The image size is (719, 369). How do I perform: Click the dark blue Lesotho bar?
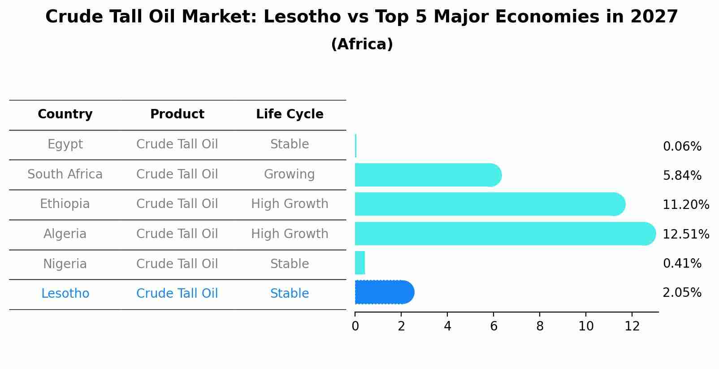384,292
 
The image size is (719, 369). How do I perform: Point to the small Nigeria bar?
360,263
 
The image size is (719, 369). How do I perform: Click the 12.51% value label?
686,234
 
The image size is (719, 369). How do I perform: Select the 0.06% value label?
682,147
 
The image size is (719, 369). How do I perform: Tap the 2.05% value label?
682,293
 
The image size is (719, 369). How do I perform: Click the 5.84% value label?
682,176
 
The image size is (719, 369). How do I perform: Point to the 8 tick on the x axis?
540,326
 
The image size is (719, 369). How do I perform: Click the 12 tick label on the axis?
632,326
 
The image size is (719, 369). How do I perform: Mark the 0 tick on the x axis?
355,326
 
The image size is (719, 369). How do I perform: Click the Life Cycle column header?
290,114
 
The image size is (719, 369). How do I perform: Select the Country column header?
65,114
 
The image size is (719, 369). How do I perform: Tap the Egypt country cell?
65,144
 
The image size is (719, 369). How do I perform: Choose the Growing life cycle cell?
289,174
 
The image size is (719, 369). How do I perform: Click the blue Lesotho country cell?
65,294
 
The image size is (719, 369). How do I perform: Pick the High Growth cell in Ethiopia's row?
290,204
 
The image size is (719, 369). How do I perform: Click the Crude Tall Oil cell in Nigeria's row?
177,264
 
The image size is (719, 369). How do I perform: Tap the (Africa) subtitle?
362,44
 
